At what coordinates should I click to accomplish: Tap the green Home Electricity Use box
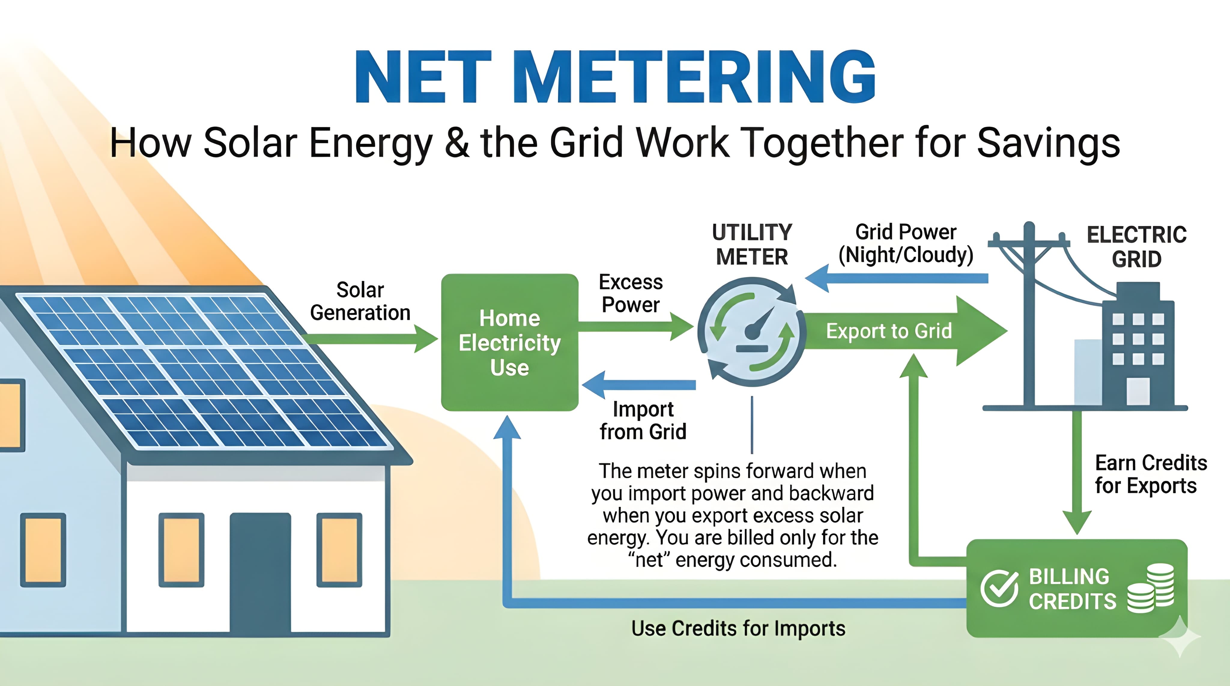(x=510, y=342)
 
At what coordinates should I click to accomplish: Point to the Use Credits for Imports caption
(x=738, y=629)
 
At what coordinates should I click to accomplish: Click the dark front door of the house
(x=260, y=573)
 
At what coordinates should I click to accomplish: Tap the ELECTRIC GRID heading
(x=1136, y=247)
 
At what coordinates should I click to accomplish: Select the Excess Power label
(x=631, y=293)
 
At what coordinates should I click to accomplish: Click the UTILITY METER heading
(x=752, y=244)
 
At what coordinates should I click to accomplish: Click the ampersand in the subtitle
(x=457, y=143)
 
